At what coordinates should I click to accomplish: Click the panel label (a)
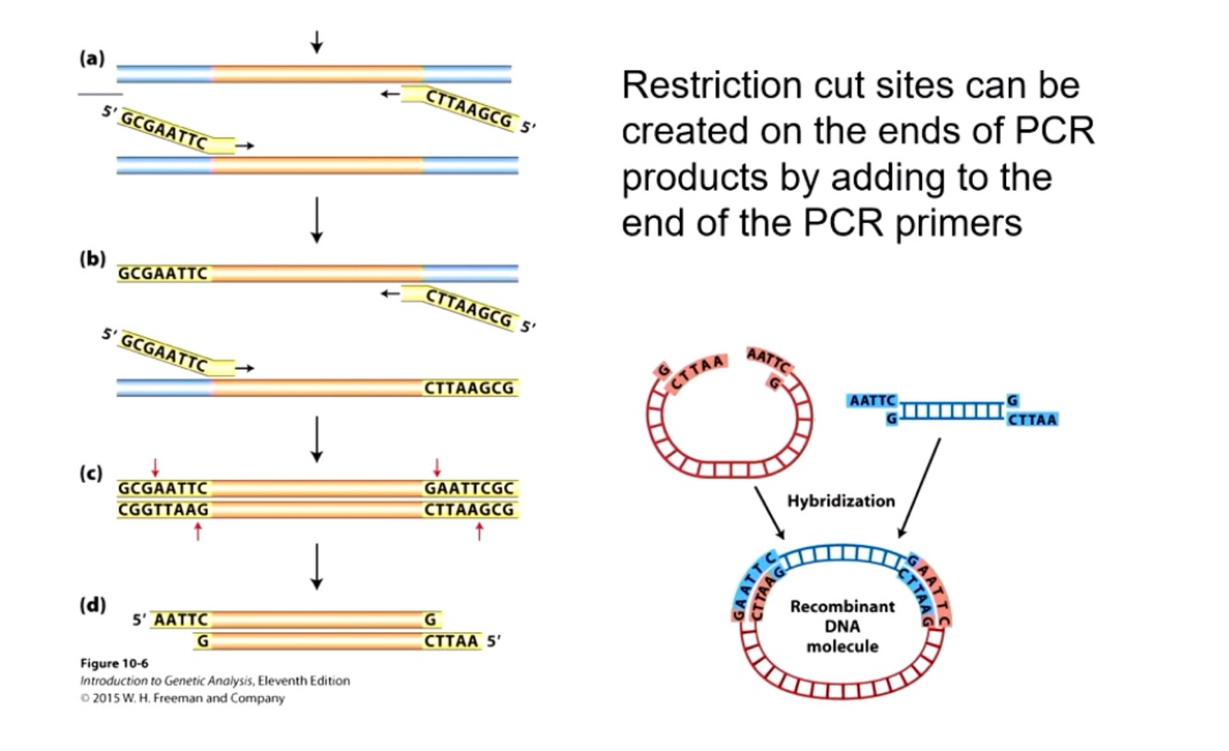(92, 58)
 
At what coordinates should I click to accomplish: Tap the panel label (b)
(92, 258)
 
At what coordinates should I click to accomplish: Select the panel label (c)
(91, 473)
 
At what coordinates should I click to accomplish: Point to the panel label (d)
(92, 605)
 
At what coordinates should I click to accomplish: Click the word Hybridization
(841, 501)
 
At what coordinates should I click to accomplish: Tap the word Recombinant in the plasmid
(842, 606)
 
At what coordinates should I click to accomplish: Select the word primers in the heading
(958, 224)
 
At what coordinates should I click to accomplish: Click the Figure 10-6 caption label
(114, 663)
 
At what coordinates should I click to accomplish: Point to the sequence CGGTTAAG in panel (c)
(163, 510)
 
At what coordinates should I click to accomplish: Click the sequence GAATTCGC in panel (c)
(469, 488)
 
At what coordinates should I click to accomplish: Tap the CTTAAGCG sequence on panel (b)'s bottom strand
(469, 388)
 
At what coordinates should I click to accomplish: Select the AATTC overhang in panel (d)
(181, 620)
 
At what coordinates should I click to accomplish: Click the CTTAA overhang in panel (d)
(451, 640)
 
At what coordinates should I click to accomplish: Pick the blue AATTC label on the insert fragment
(872, 401)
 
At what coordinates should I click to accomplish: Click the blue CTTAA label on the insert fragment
(1032, 419)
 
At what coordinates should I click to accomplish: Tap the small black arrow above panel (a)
(317, 42)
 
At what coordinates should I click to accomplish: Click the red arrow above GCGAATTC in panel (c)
(156, 468)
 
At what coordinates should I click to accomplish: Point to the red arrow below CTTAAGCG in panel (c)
(479, 532)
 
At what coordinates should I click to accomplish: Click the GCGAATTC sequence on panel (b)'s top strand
(163, 273)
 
